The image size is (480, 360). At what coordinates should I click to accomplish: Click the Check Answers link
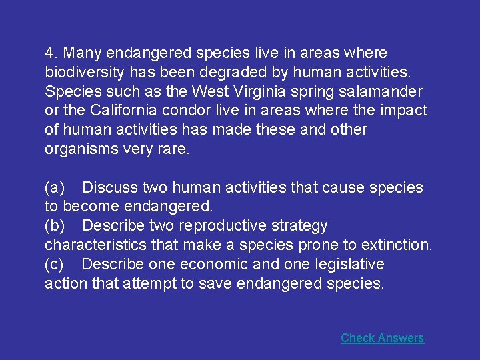382,338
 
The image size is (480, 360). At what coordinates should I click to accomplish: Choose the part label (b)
55,226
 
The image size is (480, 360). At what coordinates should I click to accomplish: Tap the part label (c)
54,265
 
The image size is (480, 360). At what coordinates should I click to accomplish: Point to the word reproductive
213,226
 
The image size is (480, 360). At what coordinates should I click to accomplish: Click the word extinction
397,245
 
